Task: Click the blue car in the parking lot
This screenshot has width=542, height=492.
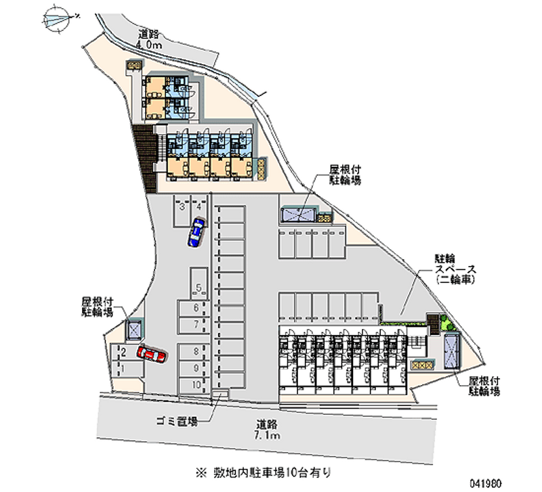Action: click(x=196, y=232)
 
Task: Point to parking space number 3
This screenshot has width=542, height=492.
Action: click(x=182, y=207)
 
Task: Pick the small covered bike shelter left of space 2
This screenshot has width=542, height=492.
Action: click(x=135, y=330)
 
